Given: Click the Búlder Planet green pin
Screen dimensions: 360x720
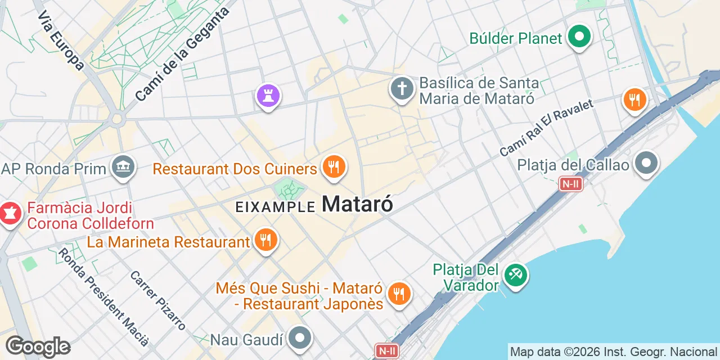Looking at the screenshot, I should [579, 38].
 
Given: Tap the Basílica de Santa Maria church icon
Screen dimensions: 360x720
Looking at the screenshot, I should [402, 89].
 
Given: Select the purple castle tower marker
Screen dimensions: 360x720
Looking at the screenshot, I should [268, 95].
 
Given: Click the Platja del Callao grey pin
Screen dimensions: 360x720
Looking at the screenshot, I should [646, 164].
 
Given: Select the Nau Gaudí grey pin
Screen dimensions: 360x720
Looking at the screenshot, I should [300, 339].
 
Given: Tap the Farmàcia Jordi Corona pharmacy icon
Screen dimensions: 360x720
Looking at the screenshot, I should [10, 214].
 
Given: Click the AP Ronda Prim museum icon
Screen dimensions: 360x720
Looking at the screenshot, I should [123, 167].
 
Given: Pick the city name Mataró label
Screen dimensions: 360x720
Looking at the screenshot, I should [357, 204].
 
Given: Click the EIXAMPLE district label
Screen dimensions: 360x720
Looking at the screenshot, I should [275, 207].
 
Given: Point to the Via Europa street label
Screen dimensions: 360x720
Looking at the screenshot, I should [61, 40].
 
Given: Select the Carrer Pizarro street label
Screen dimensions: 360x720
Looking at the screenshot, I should [157, 300].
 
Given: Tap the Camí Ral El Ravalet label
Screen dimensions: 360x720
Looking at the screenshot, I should [546, 129].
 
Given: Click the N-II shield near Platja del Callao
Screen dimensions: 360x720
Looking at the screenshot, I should [570, 184].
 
